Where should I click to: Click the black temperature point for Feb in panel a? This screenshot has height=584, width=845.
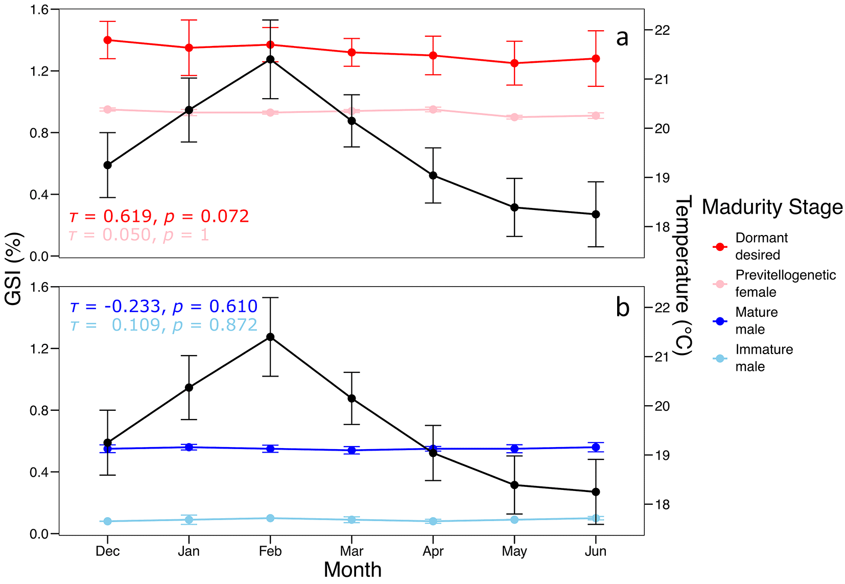pyautogui.click(x=270, y=59)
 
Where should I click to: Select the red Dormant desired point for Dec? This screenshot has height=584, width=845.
pyautogui.click(x=107, y=40)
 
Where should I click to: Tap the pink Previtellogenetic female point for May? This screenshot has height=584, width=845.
pyautogui.click(x=514, y=117)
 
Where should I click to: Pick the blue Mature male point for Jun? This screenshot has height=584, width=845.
pyautogui.click(x=596, y=447)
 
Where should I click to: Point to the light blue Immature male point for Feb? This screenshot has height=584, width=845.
pyautogui.click(x=270, y=518)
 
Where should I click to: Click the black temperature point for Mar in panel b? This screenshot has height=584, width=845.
pyautogui.click(x=351, y=398)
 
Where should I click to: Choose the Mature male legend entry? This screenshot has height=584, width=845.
pyautogui.click(x=756, y=321)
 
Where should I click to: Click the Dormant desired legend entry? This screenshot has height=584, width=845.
pyautogui.click(x=761, y=246)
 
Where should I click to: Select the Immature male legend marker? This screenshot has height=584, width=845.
pyautogui.click(x=720, y=358)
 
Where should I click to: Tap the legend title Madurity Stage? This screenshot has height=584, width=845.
pyautogui.click(x=772, y=207)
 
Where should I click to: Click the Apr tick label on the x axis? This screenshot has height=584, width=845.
pyautogui.click(x=433, y=551)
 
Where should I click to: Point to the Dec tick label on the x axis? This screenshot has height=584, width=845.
pyautogui.click(x=107, y=551)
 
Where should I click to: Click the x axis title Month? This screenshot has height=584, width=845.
pyautogui.click(x=353, y=570)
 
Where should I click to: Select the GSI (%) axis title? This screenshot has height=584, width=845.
pyautogui.click(x=14, y=269)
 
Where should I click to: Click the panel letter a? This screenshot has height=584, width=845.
pyautogui.click(x=622, y=37)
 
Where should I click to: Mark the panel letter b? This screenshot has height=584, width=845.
pyautogui.click(x=623, y=308)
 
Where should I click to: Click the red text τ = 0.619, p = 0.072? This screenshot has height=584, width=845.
pyautogui.click(x=159, y=216)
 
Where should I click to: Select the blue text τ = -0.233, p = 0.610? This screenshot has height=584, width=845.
pyautogui.click(x=163, y=306)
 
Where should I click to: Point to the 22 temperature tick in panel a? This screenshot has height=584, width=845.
pyautogui.click(x=662, y=30)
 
